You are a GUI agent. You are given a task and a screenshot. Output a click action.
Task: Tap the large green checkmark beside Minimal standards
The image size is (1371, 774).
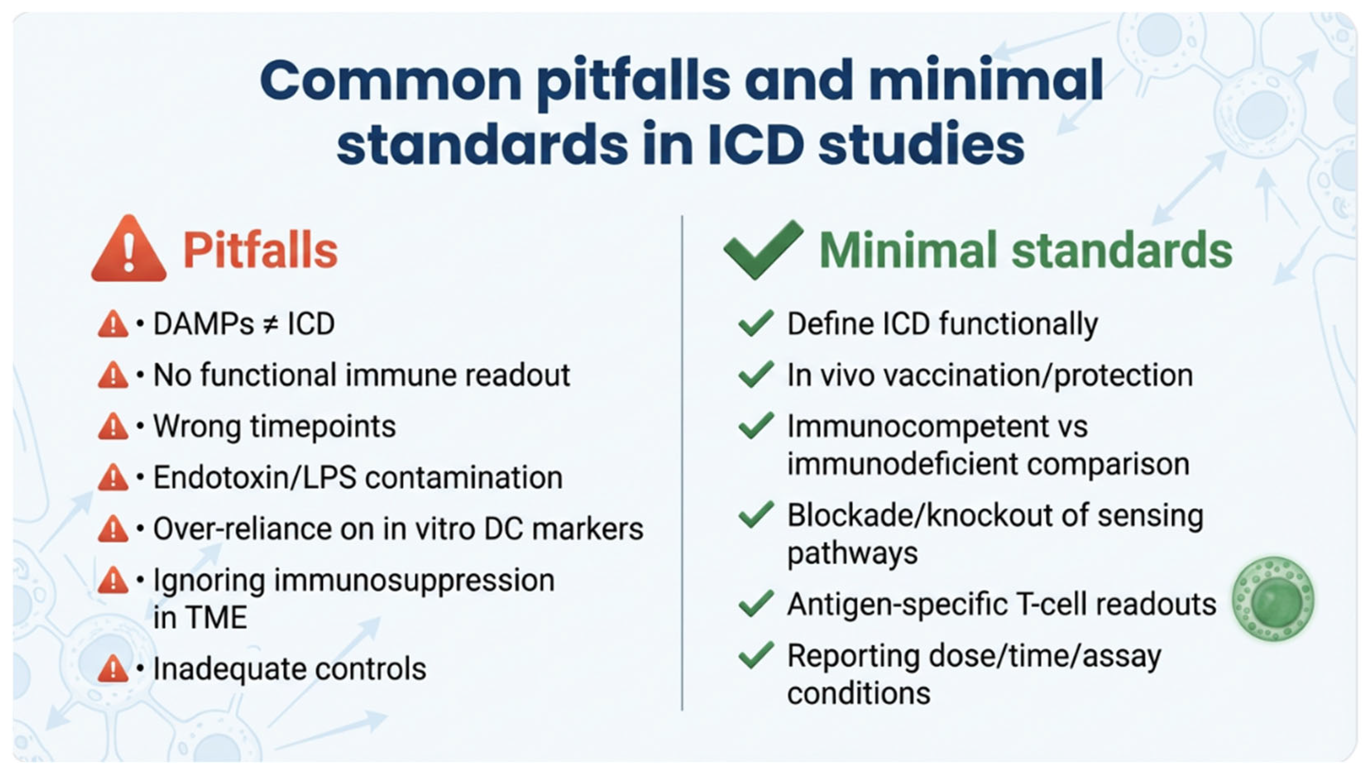764,249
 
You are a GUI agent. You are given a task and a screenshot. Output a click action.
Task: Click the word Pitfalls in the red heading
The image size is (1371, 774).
260,250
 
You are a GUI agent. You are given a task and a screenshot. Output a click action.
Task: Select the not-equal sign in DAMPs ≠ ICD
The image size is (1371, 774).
271,324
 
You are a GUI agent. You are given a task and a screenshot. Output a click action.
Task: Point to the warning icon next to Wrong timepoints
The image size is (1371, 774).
113,427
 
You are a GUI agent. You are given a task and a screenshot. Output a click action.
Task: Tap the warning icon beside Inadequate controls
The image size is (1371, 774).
113,669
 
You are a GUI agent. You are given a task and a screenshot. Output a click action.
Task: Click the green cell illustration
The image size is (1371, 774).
1273,599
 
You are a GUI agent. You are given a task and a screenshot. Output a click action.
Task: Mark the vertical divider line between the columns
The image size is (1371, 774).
682,463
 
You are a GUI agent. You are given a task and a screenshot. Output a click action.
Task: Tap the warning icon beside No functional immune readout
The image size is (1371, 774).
113,376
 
